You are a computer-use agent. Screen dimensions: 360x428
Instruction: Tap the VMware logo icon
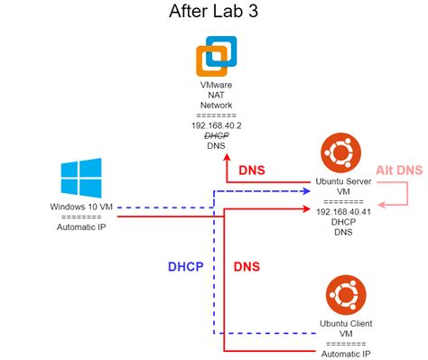[216, 56]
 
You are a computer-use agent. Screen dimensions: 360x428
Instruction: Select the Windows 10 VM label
[80, 208]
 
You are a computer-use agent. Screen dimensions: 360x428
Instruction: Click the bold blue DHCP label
[185, 267]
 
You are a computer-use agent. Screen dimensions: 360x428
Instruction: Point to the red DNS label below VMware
[252, 169]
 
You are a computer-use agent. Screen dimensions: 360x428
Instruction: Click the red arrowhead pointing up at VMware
[226, 160]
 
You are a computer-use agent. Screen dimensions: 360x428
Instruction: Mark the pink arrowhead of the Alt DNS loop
[379, 203]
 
